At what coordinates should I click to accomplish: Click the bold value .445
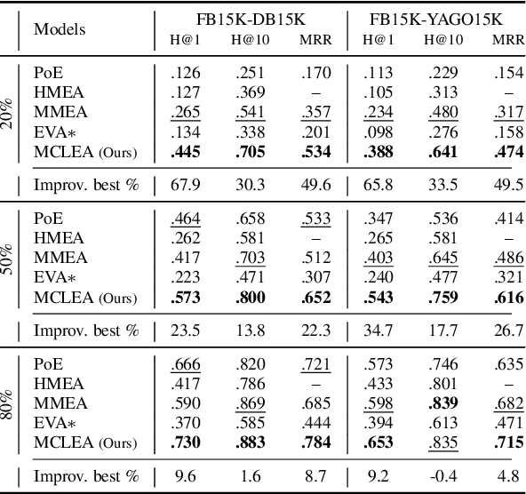tap(182, 153)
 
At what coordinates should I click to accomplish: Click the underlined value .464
tap(182, 219)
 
